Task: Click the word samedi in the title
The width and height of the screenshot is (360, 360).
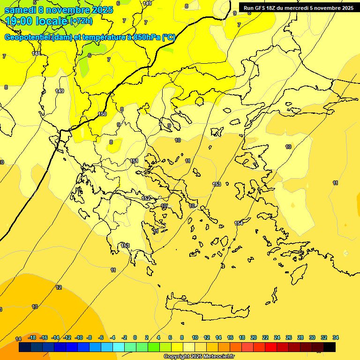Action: tap(21, 10)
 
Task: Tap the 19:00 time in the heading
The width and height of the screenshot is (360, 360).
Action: tap(20, 21)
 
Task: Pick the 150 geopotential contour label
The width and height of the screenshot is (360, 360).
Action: tap(102, 114)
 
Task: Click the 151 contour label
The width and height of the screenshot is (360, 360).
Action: tap(135, 161)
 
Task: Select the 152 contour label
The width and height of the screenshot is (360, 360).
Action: tap(146, 198)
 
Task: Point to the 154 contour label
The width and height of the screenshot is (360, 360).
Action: tap(239, 223)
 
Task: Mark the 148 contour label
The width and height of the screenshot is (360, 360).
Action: tap(36, 54)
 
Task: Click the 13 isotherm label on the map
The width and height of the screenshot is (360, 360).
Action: tap(35, 307)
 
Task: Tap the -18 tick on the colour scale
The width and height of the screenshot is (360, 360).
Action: tap(32, 337)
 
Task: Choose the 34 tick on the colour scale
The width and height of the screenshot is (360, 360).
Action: tap(336, 337)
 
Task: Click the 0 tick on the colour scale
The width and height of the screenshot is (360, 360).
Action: tap(135, 337)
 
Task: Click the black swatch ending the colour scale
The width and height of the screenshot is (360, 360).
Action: tap(330, 347)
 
